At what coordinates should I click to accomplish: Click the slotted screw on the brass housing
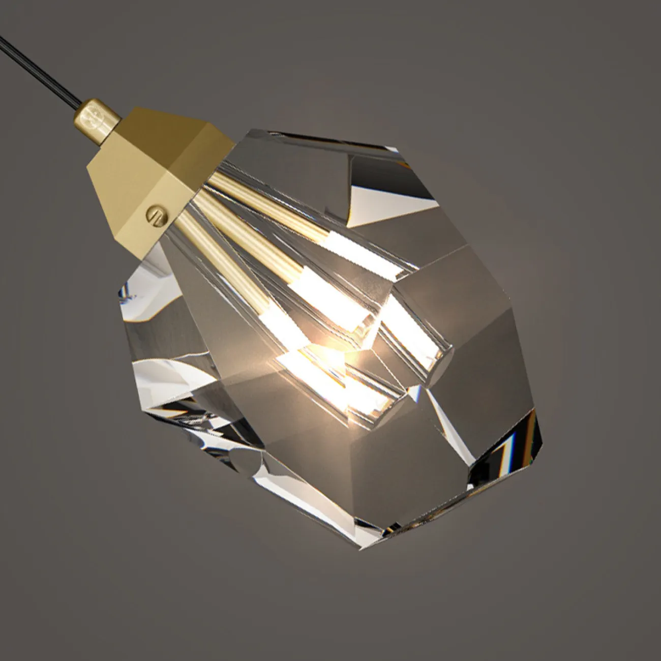click(x=154, y=213)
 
